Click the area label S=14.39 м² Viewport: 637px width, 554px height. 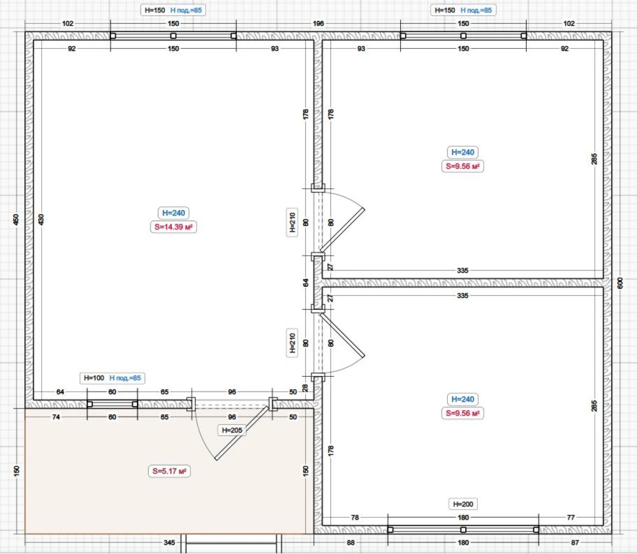[174, 227]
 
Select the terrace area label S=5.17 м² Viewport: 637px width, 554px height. [169, 471]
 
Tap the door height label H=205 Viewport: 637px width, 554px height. [232, 430]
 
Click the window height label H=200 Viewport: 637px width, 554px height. [463, 504]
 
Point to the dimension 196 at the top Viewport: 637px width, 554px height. [318, 24]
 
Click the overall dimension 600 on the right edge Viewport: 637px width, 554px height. [620, 283]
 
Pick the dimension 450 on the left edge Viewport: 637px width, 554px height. [16, 219]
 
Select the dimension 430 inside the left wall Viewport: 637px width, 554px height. [41, 219]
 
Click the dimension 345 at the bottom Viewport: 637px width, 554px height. [169, 542]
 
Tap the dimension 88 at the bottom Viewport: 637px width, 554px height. [350, 542]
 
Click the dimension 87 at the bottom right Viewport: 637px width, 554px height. [575, 542]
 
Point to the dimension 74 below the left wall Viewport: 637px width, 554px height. [56, 417]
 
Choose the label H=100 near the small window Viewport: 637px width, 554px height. [94, 378]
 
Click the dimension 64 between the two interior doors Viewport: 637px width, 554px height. [306, 282]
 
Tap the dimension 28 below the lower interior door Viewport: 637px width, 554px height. [305, 388]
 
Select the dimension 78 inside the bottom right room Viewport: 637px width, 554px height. [355, 517]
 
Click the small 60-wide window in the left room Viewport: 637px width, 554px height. [113, 404]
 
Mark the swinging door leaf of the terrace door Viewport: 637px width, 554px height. [242, 433]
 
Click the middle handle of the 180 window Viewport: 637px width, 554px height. [463, 530]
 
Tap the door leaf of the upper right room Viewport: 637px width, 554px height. [342, 230]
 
